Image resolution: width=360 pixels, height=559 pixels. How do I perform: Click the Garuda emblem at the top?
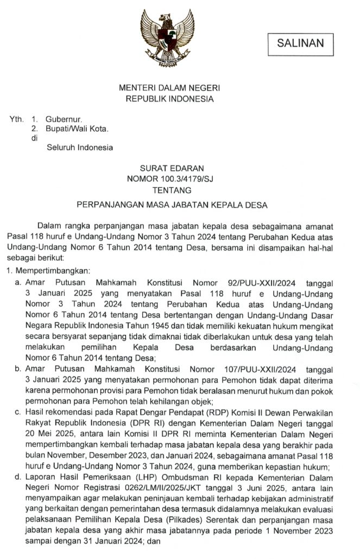click(x=167, y=36)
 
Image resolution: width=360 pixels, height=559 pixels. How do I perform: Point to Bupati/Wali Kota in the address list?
click(x=77, y=129)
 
